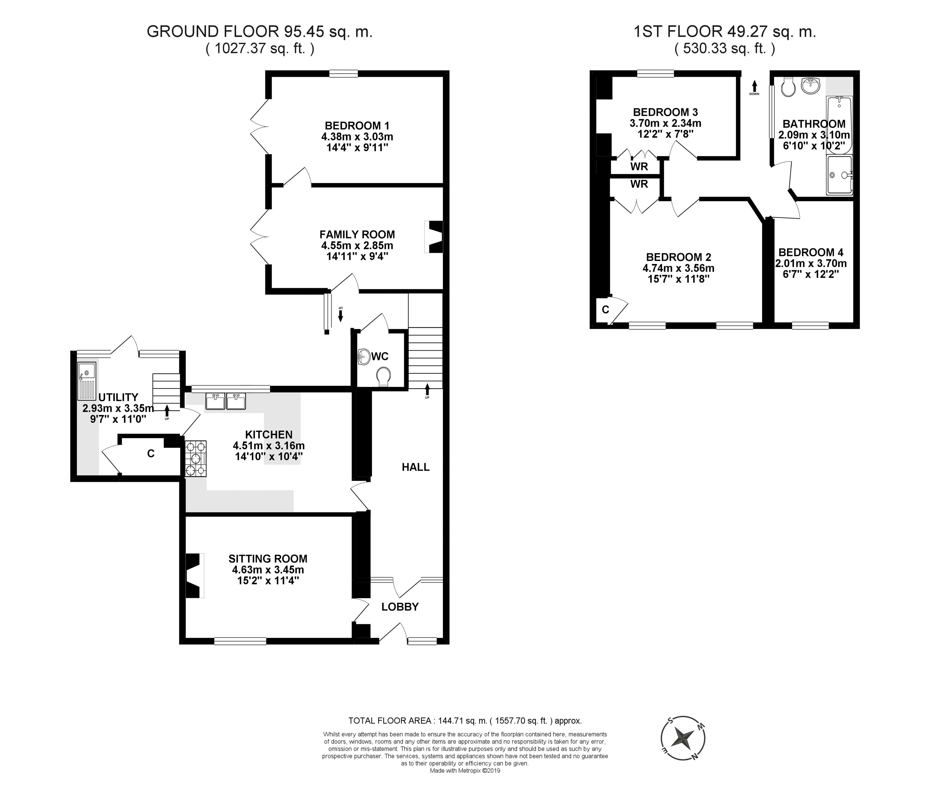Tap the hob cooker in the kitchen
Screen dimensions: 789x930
[x=196, y=459]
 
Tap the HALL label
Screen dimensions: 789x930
[x=415, y=467]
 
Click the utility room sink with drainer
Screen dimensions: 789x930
[x=87, y=381]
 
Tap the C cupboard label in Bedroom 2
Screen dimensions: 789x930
[x=605, y=309]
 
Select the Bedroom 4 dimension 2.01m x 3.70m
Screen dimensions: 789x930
[x=811, y=264]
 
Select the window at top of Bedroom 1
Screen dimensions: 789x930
[x=344, y=73]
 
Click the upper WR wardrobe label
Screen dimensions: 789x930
[x=639, y=166]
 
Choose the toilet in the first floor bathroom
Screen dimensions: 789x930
[x=789, y=87]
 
